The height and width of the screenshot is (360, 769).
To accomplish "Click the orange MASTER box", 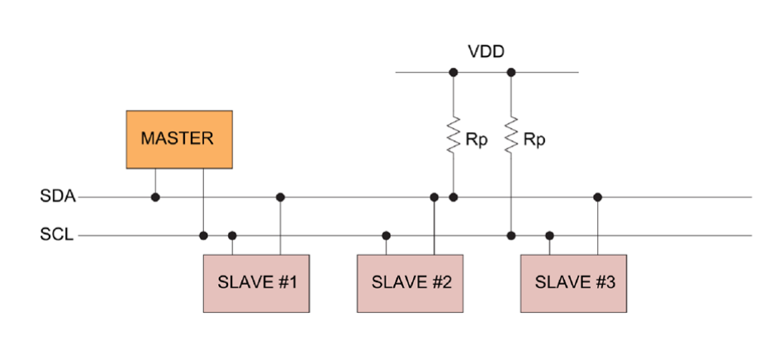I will (179, 140).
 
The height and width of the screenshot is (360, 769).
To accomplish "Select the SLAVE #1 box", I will (257, 283).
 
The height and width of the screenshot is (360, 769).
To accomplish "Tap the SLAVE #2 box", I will (411, 283).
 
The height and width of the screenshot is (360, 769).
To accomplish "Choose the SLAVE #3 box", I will (574, 283).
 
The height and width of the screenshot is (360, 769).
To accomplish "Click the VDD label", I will (486, 52).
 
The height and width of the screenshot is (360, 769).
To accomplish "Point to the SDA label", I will (57, 197).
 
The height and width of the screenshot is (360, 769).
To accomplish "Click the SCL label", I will (57, 235).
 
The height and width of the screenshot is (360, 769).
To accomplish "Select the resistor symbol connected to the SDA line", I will (453, 135).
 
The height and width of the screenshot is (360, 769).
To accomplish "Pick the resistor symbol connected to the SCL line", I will (511, 135).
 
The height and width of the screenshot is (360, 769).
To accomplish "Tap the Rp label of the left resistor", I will (477, 140).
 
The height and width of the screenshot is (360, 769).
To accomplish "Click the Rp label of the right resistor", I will (535, 140).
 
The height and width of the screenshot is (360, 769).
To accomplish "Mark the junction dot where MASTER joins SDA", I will (155, 197).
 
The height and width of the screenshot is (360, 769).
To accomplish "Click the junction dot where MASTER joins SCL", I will (203, 235).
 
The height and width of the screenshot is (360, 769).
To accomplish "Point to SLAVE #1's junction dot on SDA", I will (281, 197).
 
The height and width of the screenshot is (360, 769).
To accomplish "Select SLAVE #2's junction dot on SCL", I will (387, 235).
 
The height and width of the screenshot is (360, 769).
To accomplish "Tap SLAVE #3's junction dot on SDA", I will (598, 197).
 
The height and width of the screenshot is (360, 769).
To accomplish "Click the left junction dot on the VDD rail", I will (453, 72).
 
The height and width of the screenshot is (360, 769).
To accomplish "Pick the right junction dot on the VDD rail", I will (511, 72).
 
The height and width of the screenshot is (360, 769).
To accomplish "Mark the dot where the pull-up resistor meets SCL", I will (511, 235).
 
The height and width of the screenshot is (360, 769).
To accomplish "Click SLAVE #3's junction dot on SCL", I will (550, 235).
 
